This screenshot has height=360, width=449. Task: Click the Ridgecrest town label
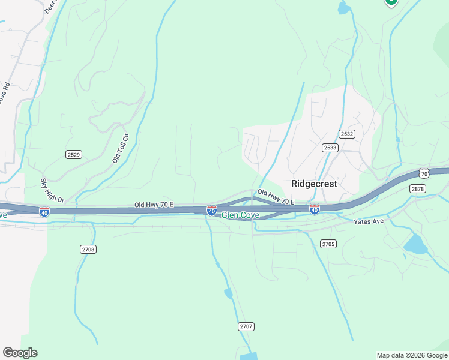pyautogui.click(x=314, y=184)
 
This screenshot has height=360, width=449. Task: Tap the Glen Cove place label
pyautogui.click(x=240, y=215)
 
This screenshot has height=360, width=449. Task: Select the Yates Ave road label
pyautogui.click(x=369, y=221)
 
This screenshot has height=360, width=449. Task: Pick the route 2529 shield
pyautogui.click(x=73, y=154)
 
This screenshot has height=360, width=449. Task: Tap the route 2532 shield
pyautogui.click(x=346, y=134)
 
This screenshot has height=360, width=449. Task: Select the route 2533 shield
pyautogui.click(x=330, y=148)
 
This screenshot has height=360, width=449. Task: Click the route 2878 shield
pyautogui.click(x=418, y=188)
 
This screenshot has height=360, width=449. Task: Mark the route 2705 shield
pyautogui.click(x=328, y=244)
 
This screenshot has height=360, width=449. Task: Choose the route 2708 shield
pyautogui.click(x=88, y=249)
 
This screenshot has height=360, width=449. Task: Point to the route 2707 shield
pyautogui.click(x=246, y=326)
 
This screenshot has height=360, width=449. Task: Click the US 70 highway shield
pyautogui.click(x=424, y=173)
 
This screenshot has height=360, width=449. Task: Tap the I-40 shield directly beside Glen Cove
pyautogui.click(x=212, y=211)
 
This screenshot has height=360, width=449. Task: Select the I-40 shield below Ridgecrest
pyautogui.click(x=314, y=209)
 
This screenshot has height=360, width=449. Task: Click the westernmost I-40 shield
pyautogui.click(x=44, y=212)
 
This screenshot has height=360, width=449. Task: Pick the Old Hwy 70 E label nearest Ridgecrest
pyautogui.click(x=276, y=197)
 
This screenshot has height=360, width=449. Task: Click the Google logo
pyautogui.click(x=20, y=353)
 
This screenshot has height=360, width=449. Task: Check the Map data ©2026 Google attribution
pyautogui.click(x=412, y=355)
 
